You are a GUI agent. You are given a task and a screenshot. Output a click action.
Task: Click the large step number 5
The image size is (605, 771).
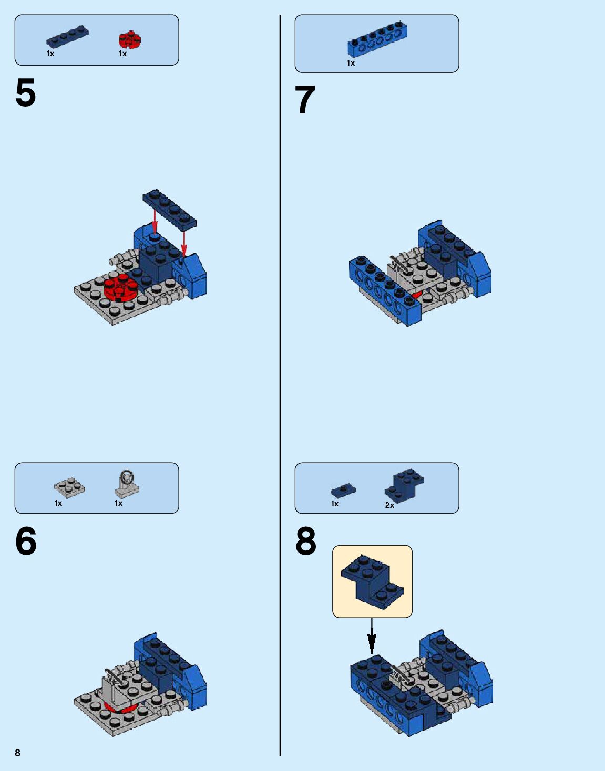point(26,92)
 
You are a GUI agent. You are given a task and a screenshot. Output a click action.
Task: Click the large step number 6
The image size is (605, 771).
point(26,541)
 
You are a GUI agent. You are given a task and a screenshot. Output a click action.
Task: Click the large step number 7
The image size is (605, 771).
point(305,100)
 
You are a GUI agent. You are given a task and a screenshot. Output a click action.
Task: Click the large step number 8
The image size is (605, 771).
point(306,541)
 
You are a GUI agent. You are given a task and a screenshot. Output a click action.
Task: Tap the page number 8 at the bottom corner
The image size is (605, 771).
point(18,753)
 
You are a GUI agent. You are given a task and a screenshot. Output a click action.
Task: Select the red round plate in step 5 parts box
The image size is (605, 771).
point(130,40)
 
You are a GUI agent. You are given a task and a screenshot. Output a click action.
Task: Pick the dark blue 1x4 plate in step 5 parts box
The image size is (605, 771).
point(67,36)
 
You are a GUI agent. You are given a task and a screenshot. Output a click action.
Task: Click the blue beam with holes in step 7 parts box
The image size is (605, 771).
point(377,39)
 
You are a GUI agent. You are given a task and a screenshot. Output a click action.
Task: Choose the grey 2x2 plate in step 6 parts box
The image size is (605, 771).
point(69,487)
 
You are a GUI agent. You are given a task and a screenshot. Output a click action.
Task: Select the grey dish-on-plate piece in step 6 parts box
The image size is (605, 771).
point(127,484)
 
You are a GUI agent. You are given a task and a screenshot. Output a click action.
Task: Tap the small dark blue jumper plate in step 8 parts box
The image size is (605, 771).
point(343,491)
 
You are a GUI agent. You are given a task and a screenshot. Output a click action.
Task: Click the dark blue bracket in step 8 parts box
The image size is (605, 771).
point(404,485)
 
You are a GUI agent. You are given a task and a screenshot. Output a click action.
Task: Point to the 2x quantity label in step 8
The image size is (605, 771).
point(389,505)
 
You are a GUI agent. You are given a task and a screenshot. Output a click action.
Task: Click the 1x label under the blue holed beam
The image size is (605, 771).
point(351,63)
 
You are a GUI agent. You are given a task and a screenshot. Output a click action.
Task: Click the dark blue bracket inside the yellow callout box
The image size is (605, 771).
point(372,582)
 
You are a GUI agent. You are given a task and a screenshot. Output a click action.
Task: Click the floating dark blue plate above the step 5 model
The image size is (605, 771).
point(170,209)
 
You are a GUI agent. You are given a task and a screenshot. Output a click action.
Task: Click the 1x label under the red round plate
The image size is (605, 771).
point(123,54)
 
